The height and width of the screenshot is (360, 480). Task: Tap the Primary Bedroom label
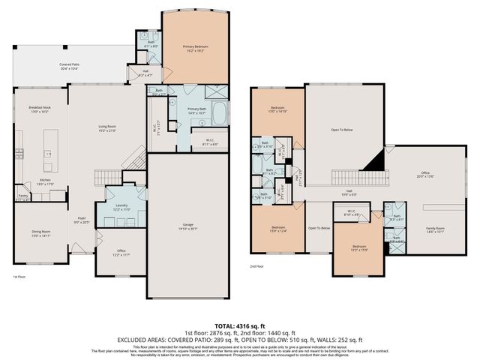point(197,49)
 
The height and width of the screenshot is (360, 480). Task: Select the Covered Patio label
point(71,67)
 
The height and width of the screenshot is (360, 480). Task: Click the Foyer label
point(80,220)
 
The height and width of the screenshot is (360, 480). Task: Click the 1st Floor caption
point(21,277)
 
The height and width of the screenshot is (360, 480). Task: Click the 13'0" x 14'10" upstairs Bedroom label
point(277,110)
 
